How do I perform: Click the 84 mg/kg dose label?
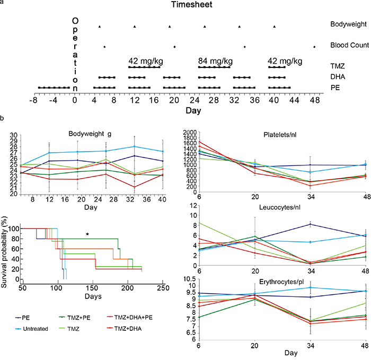215,62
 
